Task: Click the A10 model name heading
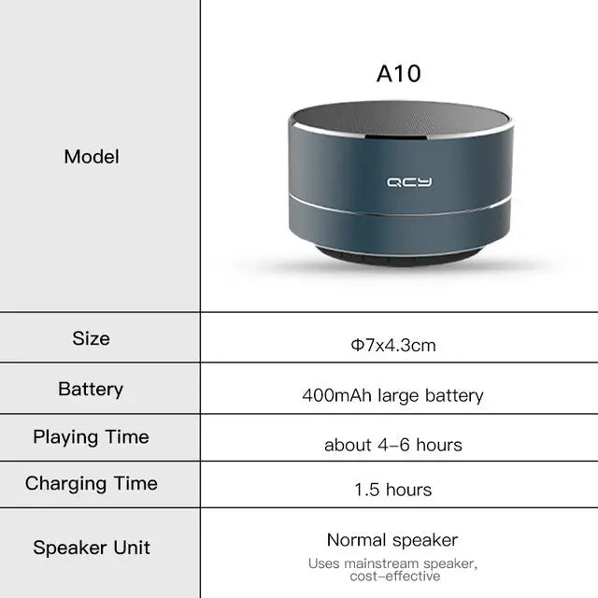click(399, 74)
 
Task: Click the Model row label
click(92, 156)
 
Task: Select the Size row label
click(91, 338)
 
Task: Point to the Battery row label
click(91, 389)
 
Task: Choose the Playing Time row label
click(91, 436)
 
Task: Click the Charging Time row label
click(91, 483)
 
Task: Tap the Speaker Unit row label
click(92, 548)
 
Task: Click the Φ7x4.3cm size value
click(392, 346)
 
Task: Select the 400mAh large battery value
click(392, 395)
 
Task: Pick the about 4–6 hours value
click(392, 445)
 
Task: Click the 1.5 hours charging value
click(392, 490)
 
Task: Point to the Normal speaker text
click(392, 540)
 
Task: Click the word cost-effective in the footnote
click(392, 577)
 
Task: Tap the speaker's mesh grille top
click(400, 119)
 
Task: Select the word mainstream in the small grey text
click(379, 563)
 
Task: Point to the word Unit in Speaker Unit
click(133, 548)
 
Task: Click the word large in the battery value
click(400, 395)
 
